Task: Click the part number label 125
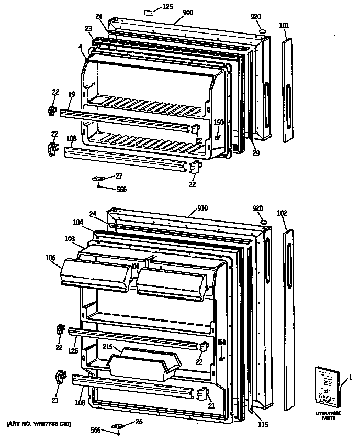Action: pyautogui.click(x=168, y=7)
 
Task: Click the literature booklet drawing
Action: pyautogui.click(x=327, y=387)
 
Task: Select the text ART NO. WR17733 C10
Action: pyautogui.click(x=39, y=423)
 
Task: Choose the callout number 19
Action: pyautogui.click(x=71, y=94)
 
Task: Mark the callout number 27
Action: pyautogui.click(x=119, y=175)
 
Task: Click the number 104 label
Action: pyautogui.click(x=78, y=222)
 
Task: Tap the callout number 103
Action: pyautogui.click(x=71, y=239)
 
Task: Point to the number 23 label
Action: pyautogui.click(x=88, y=29)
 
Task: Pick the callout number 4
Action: pyautogui.click(x=80, y=47)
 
